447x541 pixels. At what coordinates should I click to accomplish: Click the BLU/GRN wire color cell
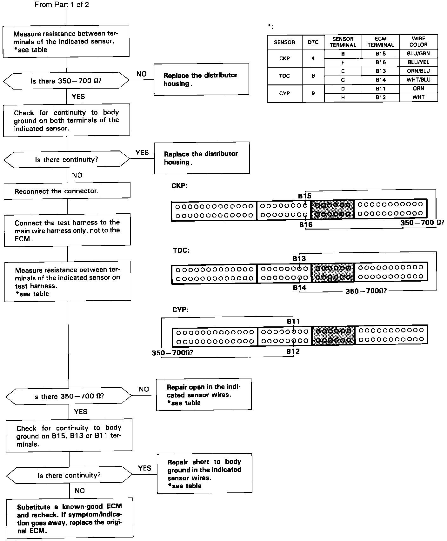click(x=418, y=54)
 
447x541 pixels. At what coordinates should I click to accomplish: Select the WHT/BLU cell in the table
click(x=418, y=80)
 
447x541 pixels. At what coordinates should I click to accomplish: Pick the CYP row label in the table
click(x=284, y=93)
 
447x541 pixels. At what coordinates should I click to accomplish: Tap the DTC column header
click(x=313, y=42)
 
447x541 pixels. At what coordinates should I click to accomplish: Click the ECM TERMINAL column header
click(x=381, y=42)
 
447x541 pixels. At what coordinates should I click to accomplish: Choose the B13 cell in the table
click(x=381, y=71)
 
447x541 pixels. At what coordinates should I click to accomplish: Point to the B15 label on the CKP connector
click(x=304, y=196)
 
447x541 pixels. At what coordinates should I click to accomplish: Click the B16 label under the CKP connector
click(x=306, y=225)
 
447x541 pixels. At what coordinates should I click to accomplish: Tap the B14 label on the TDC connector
click(x=299, y=288)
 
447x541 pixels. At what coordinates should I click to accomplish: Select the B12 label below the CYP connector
click(x=293, y=351)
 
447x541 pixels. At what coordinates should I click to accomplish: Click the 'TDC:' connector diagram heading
click(x=181, y=250)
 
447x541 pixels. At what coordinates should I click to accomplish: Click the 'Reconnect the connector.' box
click(x=67, y=191)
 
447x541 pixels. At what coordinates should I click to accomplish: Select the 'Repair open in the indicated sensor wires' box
click(x=204, y=395)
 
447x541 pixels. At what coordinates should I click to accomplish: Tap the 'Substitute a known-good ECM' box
click(x=70, y=518)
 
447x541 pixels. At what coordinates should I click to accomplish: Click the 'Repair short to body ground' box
click(x=204, y=473)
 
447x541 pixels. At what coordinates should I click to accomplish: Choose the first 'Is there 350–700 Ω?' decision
click(x=66, y=81)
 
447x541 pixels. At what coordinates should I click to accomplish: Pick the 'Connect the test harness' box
click(x=67, y=230)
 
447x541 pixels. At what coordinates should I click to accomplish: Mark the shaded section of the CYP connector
click(x=333, y=336)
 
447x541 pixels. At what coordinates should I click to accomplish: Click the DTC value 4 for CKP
click(x=313, y=58)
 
